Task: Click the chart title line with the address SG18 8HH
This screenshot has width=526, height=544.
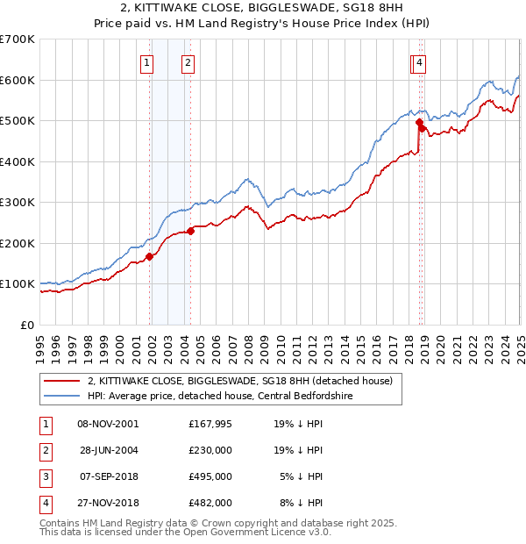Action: [262, 8]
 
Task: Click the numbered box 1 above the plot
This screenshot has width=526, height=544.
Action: [146, 62]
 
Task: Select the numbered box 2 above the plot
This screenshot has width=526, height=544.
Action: [188, 62]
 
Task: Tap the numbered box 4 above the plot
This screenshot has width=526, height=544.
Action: [421, 62]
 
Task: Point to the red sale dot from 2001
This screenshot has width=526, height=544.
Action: [150, 256]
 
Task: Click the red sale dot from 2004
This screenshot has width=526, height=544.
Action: [191, 231]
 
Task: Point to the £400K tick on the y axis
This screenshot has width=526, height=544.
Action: [18, 161]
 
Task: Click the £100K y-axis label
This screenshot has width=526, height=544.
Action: [18, 284]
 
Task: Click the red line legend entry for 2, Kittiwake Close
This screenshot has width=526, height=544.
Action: [245, 380]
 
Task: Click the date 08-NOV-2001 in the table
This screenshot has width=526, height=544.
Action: [108, 423]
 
